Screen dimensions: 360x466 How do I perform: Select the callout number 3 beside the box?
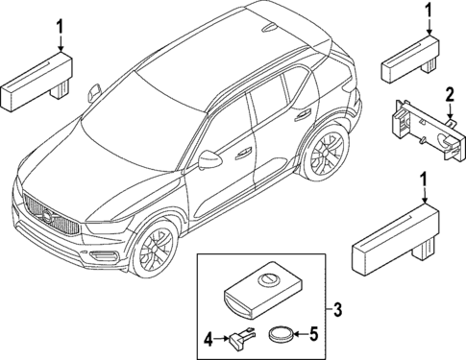pyautogui.click(x=337, y=310)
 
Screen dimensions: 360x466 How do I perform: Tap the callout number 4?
pyautogui.click(x=208, y=337)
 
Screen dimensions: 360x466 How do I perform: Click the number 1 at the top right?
pyautogui.click(x=426, y=12)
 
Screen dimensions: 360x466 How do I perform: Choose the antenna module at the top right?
pyautogui.click(x=409, y=62)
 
